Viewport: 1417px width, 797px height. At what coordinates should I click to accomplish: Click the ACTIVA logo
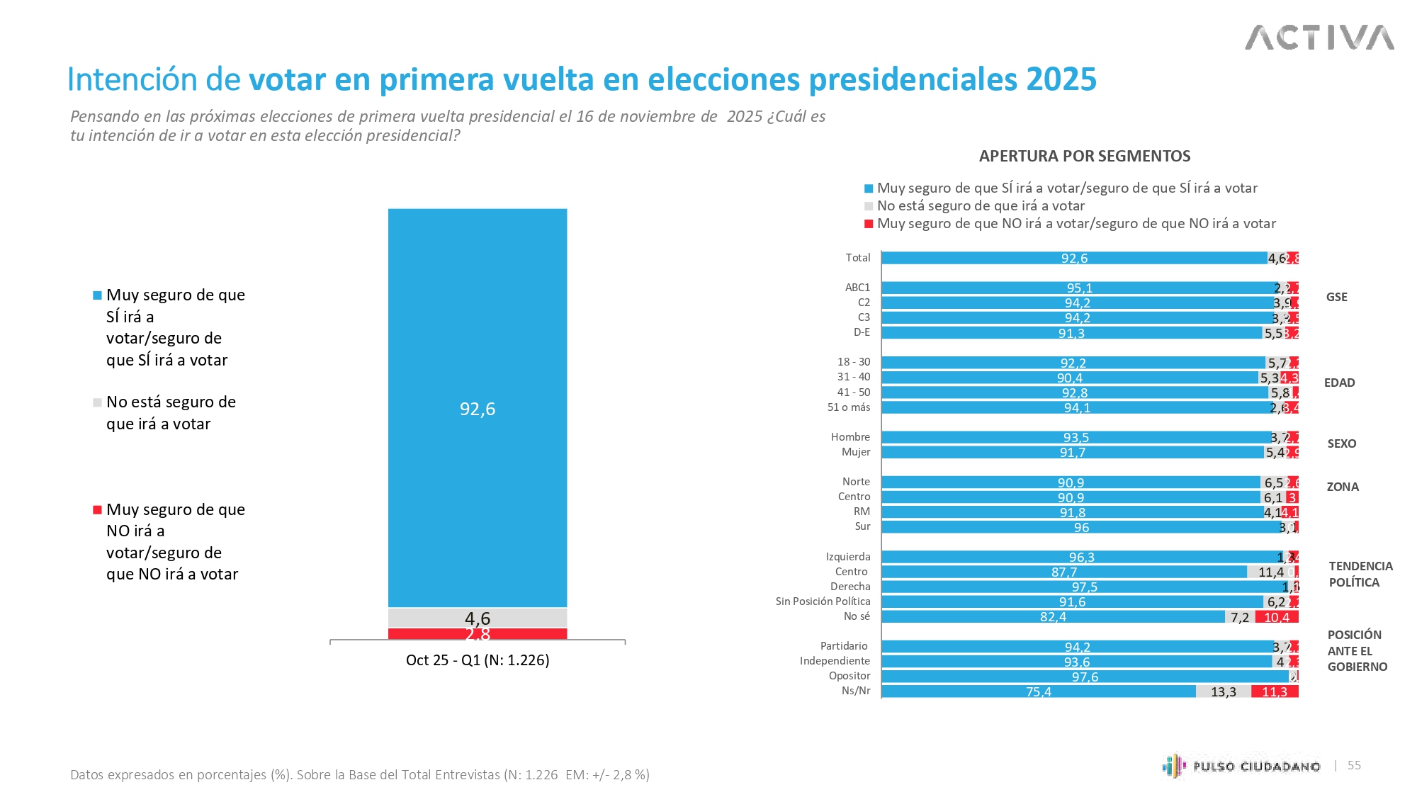tap(1319, 38)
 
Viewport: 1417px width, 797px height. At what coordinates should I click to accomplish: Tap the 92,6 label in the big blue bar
tap(478, 409)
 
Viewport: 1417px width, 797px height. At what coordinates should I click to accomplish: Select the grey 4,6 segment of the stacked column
tap(478, 618)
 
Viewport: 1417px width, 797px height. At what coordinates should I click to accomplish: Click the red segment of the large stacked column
tap(478, 634)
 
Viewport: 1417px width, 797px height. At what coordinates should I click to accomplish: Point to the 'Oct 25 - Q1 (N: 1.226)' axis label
tap(478, 660)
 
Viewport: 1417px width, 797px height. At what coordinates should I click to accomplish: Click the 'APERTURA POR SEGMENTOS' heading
tap(1085, 156)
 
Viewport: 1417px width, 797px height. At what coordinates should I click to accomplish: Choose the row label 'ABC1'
tap(857, 288)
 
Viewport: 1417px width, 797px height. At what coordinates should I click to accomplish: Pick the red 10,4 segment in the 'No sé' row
tap(1277, 617)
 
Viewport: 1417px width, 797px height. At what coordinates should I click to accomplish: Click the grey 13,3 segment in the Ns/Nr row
tap(1224, 691)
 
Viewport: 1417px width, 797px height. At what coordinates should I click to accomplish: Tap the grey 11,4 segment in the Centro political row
tap(1271, 572)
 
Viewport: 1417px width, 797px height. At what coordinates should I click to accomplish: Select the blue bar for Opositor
tap(1085, 677)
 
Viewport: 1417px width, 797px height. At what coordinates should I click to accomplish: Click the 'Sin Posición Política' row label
tap(823, 601)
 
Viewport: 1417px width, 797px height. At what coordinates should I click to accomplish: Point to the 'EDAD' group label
tap(1339, 383)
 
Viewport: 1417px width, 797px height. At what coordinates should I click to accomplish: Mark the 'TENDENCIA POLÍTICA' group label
tap(1360, 574)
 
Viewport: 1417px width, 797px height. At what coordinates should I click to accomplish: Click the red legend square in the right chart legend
tap(869, 224)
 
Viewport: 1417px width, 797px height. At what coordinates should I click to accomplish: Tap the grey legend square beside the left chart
tap(98, 402)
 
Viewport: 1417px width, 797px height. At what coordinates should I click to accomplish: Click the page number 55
tap(1354, 765)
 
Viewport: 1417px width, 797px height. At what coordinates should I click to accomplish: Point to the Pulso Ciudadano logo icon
tap(1174, 766)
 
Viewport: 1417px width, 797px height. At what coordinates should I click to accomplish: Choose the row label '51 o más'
tap(849, 407)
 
